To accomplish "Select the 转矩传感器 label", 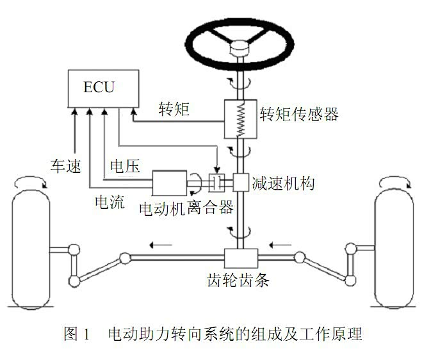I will [299, 115].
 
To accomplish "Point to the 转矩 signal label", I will [174, 109].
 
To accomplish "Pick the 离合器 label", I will [211, 208].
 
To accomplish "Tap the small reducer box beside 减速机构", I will [240, 183].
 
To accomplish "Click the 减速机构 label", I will [282, 184].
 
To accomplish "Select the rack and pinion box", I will [240, 259].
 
